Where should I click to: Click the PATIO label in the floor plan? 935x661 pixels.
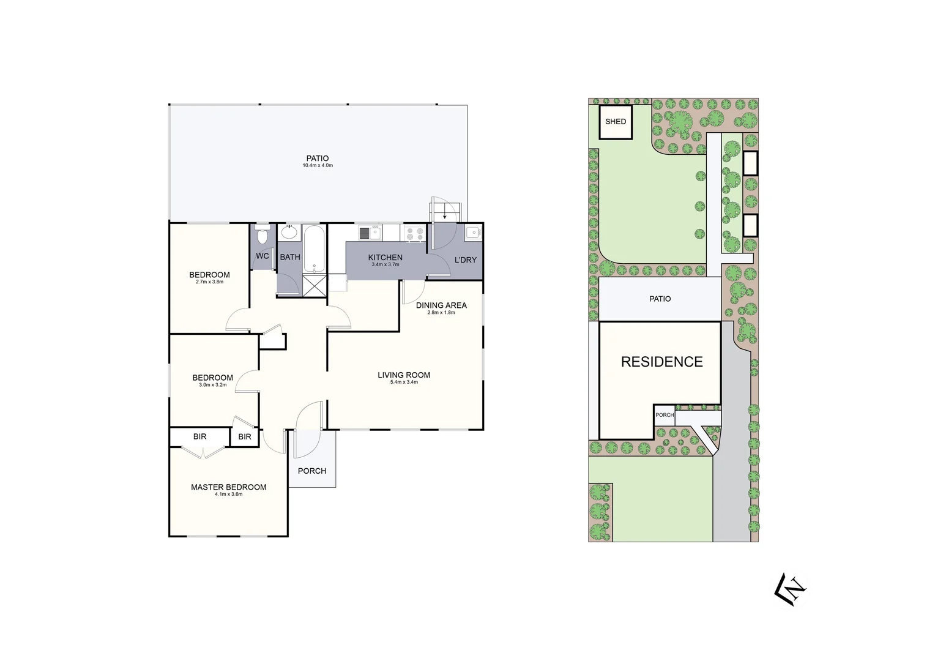point(318,159)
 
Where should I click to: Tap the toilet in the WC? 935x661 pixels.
point(263,235)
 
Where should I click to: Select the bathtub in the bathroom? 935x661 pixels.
point(314,249)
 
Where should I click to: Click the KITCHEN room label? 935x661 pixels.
point(386,258)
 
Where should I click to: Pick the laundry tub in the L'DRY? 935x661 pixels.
point(472,232)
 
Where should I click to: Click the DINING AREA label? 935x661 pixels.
point(441,305)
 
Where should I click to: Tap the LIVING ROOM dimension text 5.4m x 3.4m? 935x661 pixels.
point(404,383)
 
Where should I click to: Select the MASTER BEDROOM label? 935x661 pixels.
point(229,487)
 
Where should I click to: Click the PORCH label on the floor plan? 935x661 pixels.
point(312,471)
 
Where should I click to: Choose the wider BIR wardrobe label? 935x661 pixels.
point(199,436)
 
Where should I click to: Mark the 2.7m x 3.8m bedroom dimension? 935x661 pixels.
point(209,282)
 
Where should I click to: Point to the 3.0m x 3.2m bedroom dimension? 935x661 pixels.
point(212,385)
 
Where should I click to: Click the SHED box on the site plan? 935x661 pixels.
point(616,122)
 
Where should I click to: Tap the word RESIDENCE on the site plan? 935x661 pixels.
point(662,362)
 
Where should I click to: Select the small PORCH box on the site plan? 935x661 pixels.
point(665,415)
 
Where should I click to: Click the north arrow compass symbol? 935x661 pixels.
point(791,589)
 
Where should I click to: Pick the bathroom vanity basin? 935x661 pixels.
point(289,233)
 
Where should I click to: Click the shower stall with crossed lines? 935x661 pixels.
point(315,285)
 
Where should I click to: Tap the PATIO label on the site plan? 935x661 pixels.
point(660,299)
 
